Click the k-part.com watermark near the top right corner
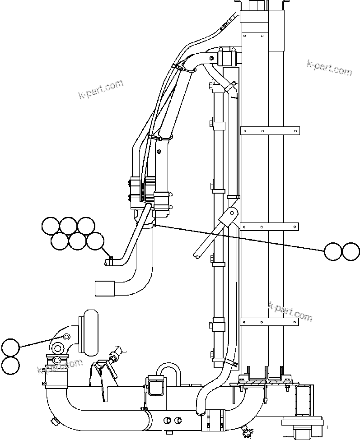[329, 68]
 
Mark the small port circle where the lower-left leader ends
[66, 337]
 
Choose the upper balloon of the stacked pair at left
[10, 347]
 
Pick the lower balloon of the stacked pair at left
[10, 365]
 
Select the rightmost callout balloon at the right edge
[351, 251]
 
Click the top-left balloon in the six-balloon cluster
[50, 226]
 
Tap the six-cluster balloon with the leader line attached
[95, 241]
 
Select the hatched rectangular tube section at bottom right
[303, 400]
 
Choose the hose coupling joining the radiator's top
[227, 58]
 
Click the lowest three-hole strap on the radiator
[270, 322]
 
